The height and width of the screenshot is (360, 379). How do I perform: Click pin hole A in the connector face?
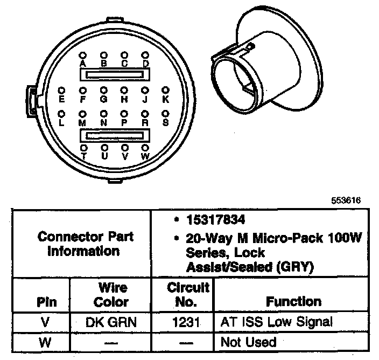(x=82, y=55)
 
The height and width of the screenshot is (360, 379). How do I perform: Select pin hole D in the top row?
(x=145, y=55)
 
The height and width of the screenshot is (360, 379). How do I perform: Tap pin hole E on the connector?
(x=61, y=90)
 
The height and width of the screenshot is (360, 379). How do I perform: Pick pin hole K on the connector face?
(x=166, y=90)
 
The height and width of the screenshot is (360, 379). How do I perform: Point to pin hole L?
(x=61, y=114)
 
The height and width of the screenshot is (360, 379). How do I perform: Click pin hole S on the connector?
(x=166, y=114)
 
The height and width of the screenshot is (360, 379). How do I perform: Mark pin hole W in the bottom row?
(x=145, y=147)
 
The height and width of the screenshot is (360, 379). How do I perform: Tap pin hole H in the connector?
(x=124, y=90)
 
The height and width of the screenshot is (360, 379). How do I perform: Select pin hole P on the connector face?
(x=124, y=114)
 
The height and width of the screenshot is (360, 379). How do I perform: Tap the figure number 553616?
(x=346, y=200)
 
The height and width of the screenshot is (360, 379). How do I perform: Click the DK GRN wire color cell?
(x=111, y=323)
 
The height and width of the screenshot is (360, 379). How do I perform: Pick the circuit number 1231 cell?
(x=183, y=323)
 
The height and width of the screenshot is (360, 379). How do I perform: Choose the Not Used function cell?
(x=248, y=342)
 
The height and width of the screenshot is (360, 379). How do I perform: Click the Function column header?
(x=294, y=301)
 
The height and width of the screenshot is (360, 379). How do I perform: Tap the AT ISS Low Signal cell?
(x=277, y=323)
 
